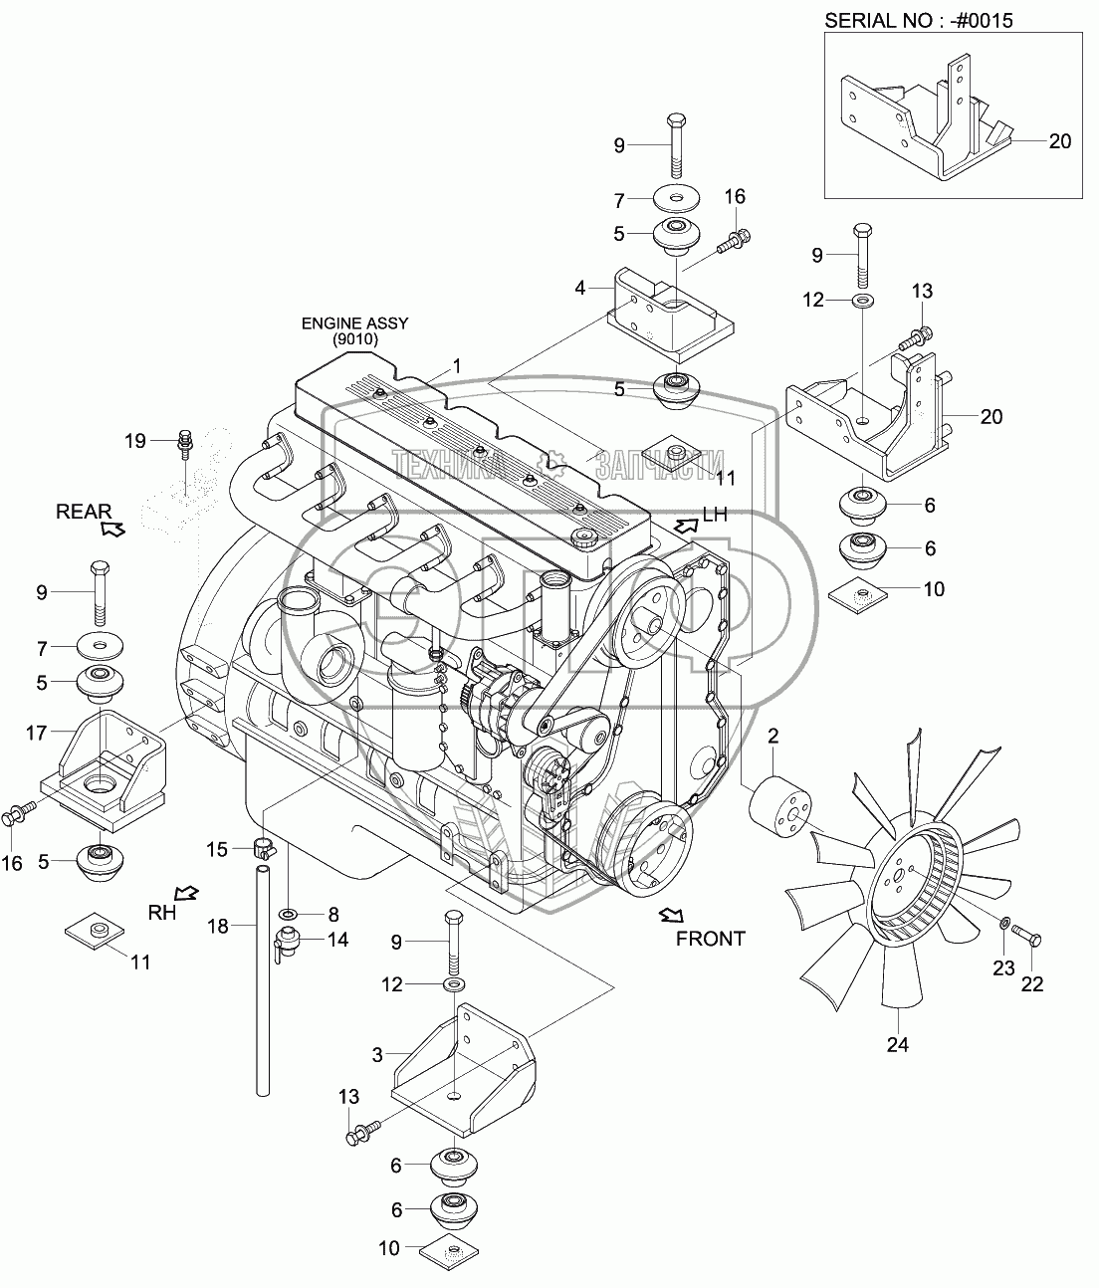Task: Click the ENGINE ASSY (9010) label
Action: pyautogui.click(x=354, y=330)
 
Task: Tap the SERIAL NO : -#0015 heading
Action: pyautogui.click(x=919, y=21)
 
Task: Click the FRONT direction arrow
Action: pyautogui.click(x=671, y=915)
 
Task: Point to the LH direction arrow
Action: pyautogui.click(x=686, y=525)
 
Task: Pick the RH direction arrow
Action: pyautogui.click(x=186, y=893)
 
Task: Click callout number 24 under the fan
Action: pyautogui.click(x=898, y=1044)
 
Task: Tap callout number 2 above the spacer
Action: pyautogui.click(x=772, y=736)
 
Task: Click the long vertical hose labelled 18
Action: pyautogui.click(x=263, y=979)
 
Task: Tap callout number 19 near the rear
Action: pyautogui.click(x=135, y=441)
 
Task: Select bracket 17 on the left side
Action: pyautogui.click(x=104, y=771)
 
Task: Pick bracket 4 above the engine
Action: pyautogui.click(x=671, y=315)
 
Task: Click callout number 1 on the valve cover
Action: pyautogui.click(x=457, y=365)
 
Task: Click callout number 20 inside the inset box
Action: pyautogui.click(x=1060, y=141)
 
